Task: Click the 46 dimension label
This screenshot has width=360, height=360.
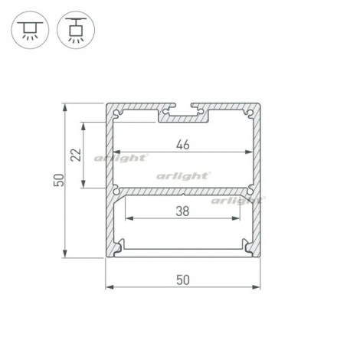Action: [182, 143]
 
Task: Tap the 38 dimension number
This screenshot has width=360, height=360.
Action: [182, 209]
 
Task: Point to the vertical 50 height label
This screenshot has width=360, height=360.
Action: [56, 181]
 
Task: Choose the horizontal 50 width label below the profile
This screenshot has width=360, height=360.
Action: [182, 280]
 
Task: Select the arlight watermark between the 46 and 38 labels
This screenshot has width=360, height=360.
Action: [183, 175]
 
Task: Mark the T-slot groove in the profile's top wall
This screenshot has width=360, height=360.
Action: [182, 114]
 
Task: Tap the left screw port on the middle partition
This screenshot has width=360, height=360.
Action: [116, 188]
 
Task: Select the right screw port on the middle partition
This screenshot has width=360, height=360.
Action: [248, 188]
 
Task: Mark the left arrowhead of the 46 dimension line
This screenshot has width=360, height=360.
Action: [116, 152]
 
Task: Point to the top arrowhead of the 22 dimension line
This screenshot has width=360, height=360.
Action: [84, 124]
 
